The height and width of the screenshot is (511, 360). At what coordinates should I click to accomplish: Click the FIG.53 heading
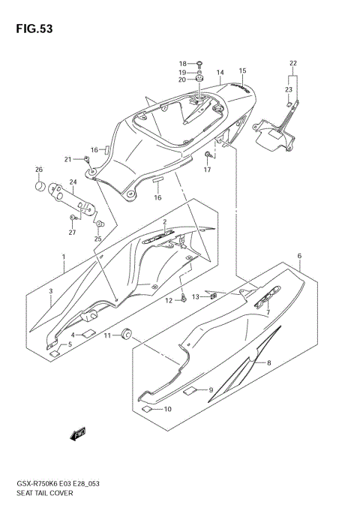click(29, 29)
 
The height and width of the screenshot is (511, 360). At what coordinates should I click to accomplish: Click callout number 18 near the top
click(182, 63)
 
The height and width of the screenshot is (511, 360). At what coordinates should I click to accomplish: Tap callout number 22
click(293, 62)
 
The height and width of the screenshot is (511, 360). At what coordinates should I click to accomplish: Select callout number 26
click(39, 169)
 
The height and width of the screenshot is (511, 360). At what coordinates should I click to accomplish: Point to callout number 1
click(64, 257)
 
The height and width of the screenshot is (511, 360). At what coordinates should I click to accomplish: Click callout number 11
click(107, 335)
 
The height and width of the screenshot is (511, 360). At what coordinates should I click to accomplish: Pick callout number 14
click(220, 73)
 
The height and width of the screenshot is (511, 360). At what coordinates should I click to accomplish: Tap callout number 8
click(268, 362)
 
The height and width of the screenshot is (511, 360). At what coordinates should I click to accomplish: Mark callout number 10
click(167, 409)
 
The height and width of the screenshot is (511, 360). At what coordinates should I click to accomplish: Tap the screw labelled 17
click(206, 155)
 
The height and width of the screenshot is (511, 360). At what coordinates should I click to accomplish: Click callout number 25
click(97, 239)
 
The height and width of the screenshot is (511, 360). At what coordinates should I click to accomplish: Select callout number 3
click(51, 291)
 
